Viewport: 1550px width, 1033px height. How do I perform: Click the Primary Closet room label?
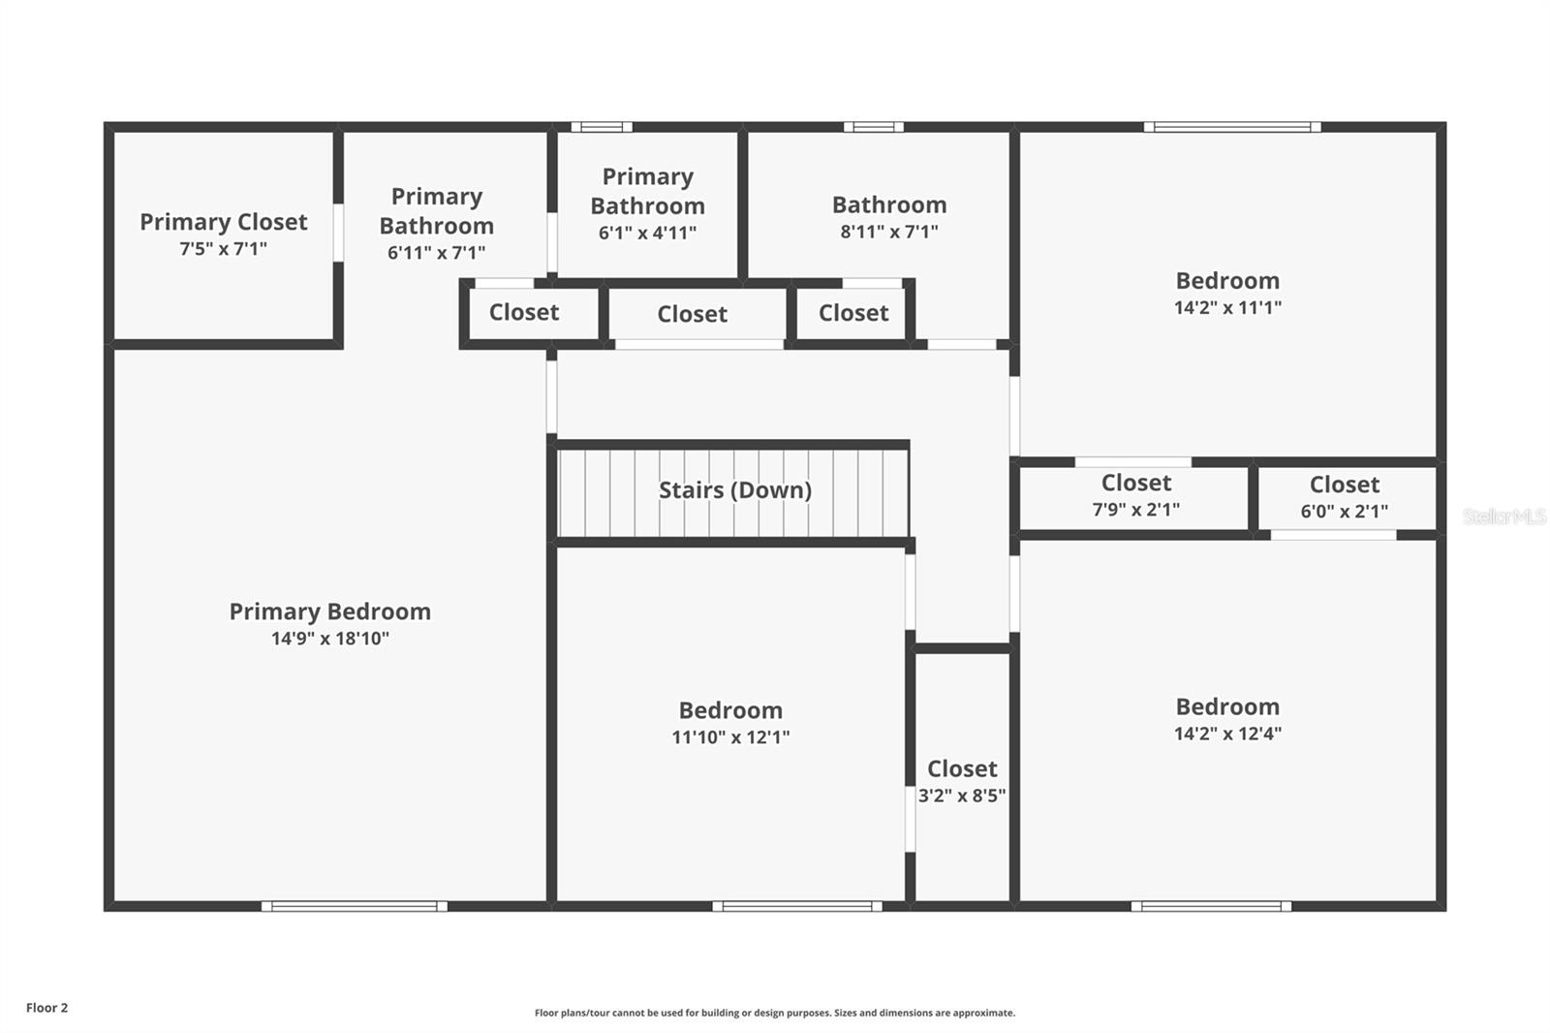(223, 222)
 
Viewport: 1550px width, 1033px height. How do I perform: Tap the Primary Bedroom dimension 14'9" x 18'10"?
(329, 639)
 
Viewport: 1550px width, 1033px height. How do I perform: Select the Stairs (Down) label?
(734, 490)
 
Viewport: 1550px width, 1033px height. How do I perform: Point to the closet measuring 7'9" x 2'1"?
(1135, 495)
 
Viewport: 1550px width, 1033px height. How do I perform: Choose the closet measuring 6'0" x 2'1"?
(1344, 497)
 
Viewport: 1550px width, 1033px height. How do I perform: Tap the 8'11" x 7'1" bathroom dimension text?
(888, 232)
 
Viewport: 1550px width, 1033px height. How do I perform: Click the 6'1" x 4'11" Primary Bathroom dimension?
(647, 233)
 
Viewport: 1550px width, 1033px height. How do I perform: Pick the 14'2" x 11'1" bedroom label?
(1227, 293)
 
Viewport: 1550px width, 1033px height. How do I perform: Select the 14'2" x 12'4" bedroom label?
(1227, 719)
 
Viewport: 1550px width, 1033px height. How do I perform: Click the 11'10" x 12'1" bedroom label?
(730, 723)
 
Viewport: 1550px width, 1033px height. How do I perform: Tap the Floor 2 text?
(46, 1008)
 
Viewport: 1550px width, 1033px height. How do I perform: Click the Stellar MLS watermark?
(1503, 516)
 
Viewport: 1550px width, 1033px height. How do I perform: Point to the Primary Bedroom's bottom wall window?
(355, 906)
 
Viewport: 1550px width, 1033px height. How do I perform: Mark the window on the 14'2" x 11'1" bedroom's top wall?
(1232, 127)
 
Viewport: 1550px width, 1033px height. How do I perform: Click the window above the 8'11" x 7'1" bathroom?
(873, 127)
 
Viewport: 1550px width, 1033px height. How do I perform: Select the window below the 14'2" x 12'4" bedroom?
(1211, 906)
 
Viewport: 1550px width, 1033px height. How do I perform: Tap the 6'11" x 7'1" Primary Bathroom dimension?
(436, 253)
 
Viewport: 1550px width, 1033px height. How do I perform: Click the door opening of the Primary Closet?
(338, 233)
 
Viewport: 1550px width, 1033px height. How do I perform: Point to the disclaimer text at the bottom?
(775, 1013)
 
